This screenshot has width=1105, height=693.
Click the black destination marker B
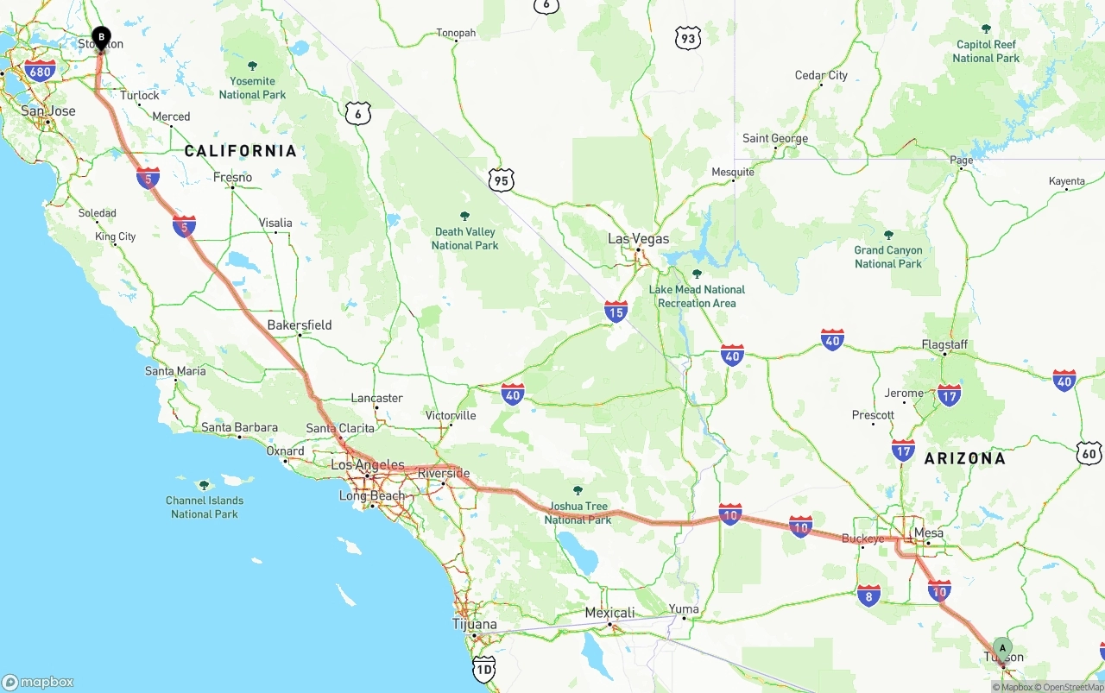point(101,37)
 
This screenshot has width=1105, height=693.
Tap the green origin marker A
point(1001,647)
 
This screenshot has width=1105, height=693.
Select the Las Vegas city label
point(638,238)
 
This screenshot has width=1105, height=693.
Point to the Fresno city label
point(232,177)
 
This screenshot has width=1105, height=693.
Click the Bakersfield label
point(299,325)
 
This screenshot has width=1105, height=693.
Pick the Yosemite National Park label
point(252,87)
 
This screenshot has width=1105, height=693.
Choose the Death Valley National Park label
point(464,238)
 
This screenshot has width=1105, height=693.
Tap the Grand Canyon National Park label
point(888,256)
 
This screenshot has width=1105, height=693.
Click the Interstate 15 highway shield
point(616,312)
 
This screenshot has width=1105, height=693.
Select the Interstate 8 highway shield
point(869,595)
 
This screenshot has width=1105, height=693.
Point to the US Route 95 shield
point(501,180)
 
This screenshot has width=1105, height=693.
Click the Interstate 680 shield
point(41,70)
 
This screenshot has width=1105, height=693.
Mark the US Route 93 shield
point(687,38)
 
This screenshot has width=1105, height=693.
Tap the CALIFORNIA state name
point(240,151)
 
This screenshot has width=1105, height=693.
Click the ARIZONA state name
point(964,458)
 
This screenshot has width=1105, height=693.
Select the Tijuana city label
point(474,624)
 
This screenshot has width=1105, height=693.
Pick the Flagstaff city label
point(944,344)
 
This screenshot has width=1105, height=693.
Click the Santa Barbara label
point(239,427)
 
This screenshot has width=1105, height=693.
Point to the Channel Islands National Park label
point(205,507)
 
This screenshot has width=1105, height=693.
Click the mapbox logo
point(38,682)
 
